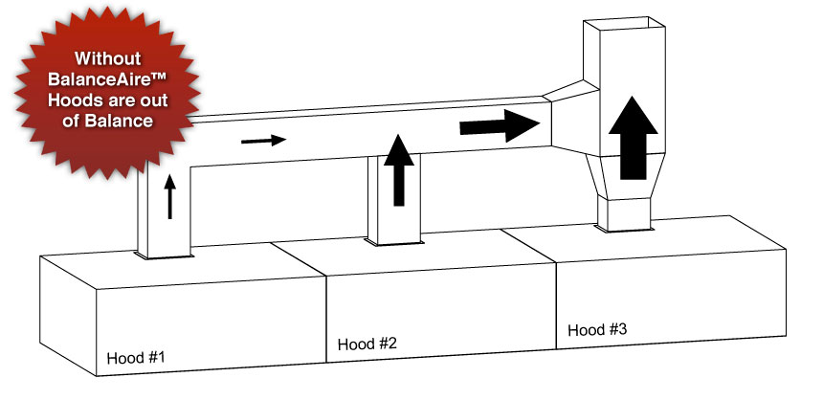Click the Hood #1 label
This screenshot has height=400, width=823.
[136, 358]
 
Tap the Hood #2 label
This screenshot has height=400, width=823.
[367, 344]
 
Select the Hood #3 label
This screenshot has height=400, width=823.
[597, 329]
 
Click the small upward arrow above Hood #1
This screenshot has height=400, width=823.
[169, 196]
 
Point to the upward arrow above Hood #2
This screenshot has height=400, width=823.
[399, 170]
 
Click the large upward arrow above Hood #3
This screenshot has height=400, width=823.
[634, 138]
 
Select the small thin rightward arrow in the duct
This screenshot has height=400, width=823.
[263, 140]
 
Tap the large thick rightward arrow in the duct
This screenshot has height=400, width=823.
[500, 125]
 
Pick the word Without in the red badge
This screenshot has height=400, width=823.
[107, 57]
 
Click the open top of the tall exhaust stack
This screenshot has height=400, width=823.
[625, 23]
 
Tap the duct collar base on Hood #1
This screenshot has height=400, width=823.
[165, 256]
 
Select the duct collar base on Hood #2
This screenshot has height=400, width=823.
[394, 241]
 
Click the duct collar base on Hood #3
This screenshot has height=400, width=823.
[625, 228]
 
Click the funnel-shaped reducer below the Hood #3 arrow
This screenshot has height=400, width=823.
[625, 176]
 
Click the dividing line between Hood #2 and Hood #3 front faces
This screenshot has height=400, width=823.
[556, 305]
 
